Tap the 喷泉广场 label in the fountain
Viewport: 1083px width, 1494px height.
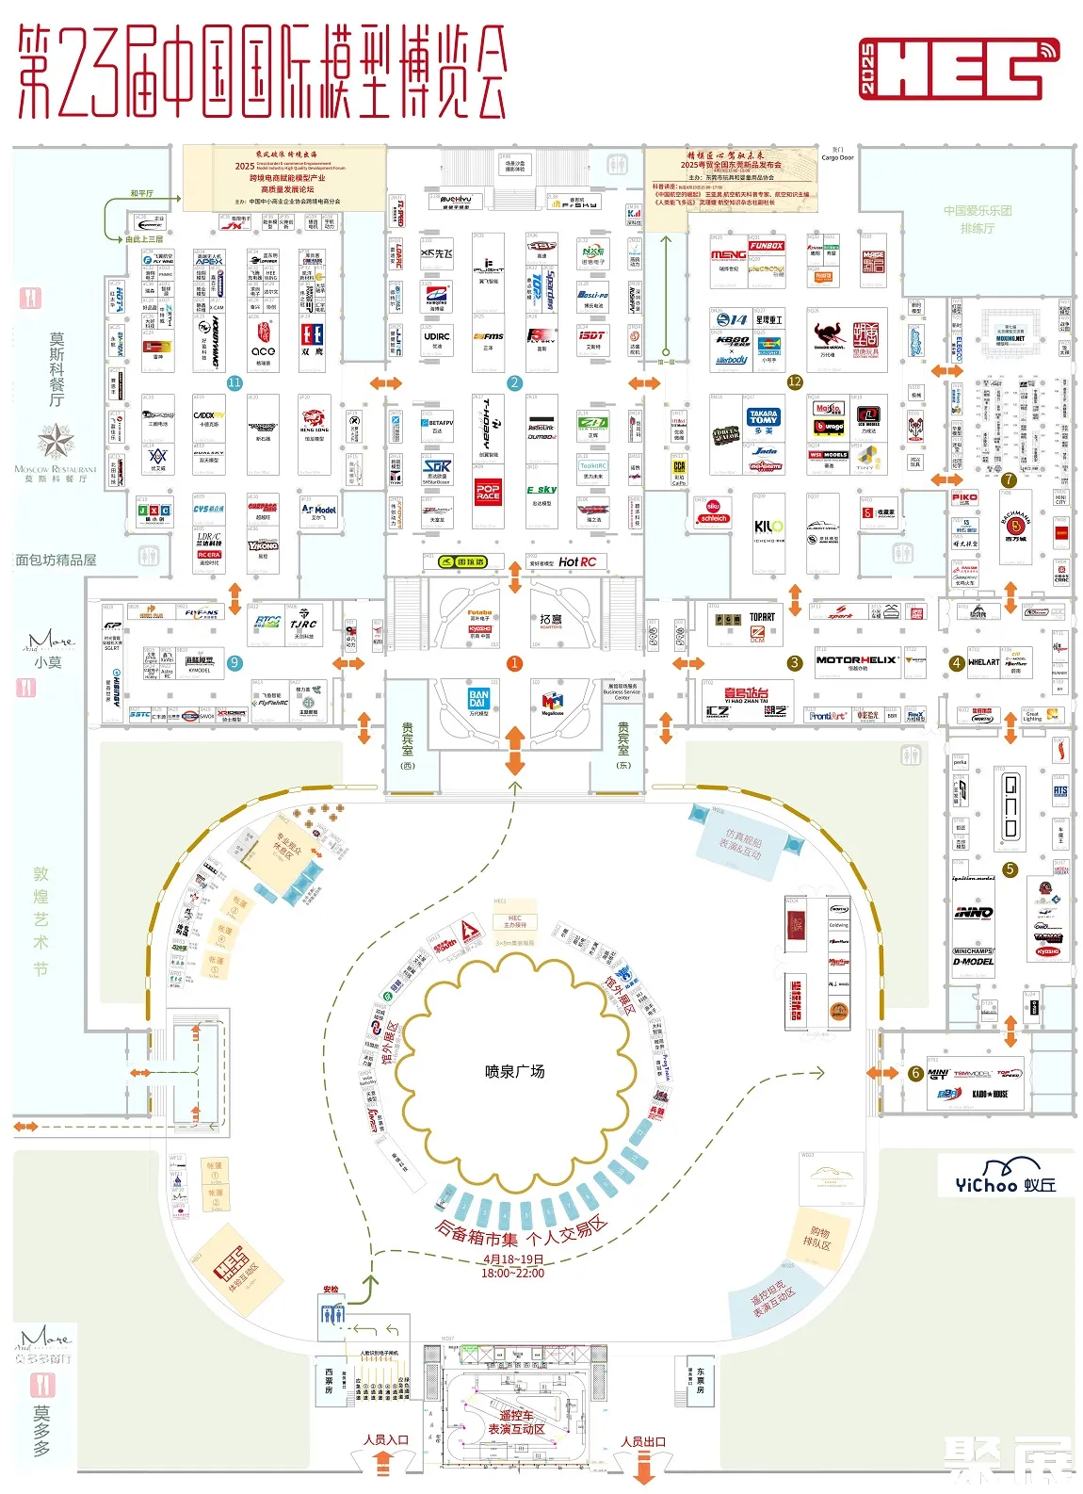[514, 1072]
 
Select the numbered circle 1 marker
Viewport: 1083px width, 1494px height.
[514, 663]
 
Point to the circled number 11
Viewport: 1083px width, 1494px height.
[234, 382]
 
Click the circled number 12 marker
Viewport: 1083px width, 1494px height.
[795, 382]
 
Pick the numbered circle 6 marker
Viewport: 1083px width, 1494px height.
[914, 1073]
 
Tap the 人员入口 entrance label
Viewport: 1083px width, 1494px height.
[386, 1439]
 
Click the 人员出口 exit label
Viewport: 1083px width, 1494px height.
[643, 1441]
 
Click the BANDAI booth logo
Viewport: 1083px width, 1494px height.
[478, 699]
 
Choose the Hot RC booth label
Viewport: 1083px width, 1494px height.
[577, 562]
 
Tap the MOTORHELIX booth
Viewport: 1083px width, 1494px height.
[855, 660]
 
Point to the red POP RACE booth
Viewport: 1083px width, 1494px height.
[488, 492]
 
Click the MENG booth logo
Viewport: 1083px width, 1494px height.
[728, 254]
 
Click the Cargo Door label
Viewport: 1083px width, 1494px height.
[837, 157]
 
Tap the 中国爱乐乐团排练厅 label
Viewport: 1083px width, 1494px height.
[978, 219]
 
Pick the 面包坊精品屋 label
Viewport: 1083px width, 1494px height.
[56, 560]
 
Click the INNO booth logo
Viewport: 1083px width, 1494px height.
[973, 912]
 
